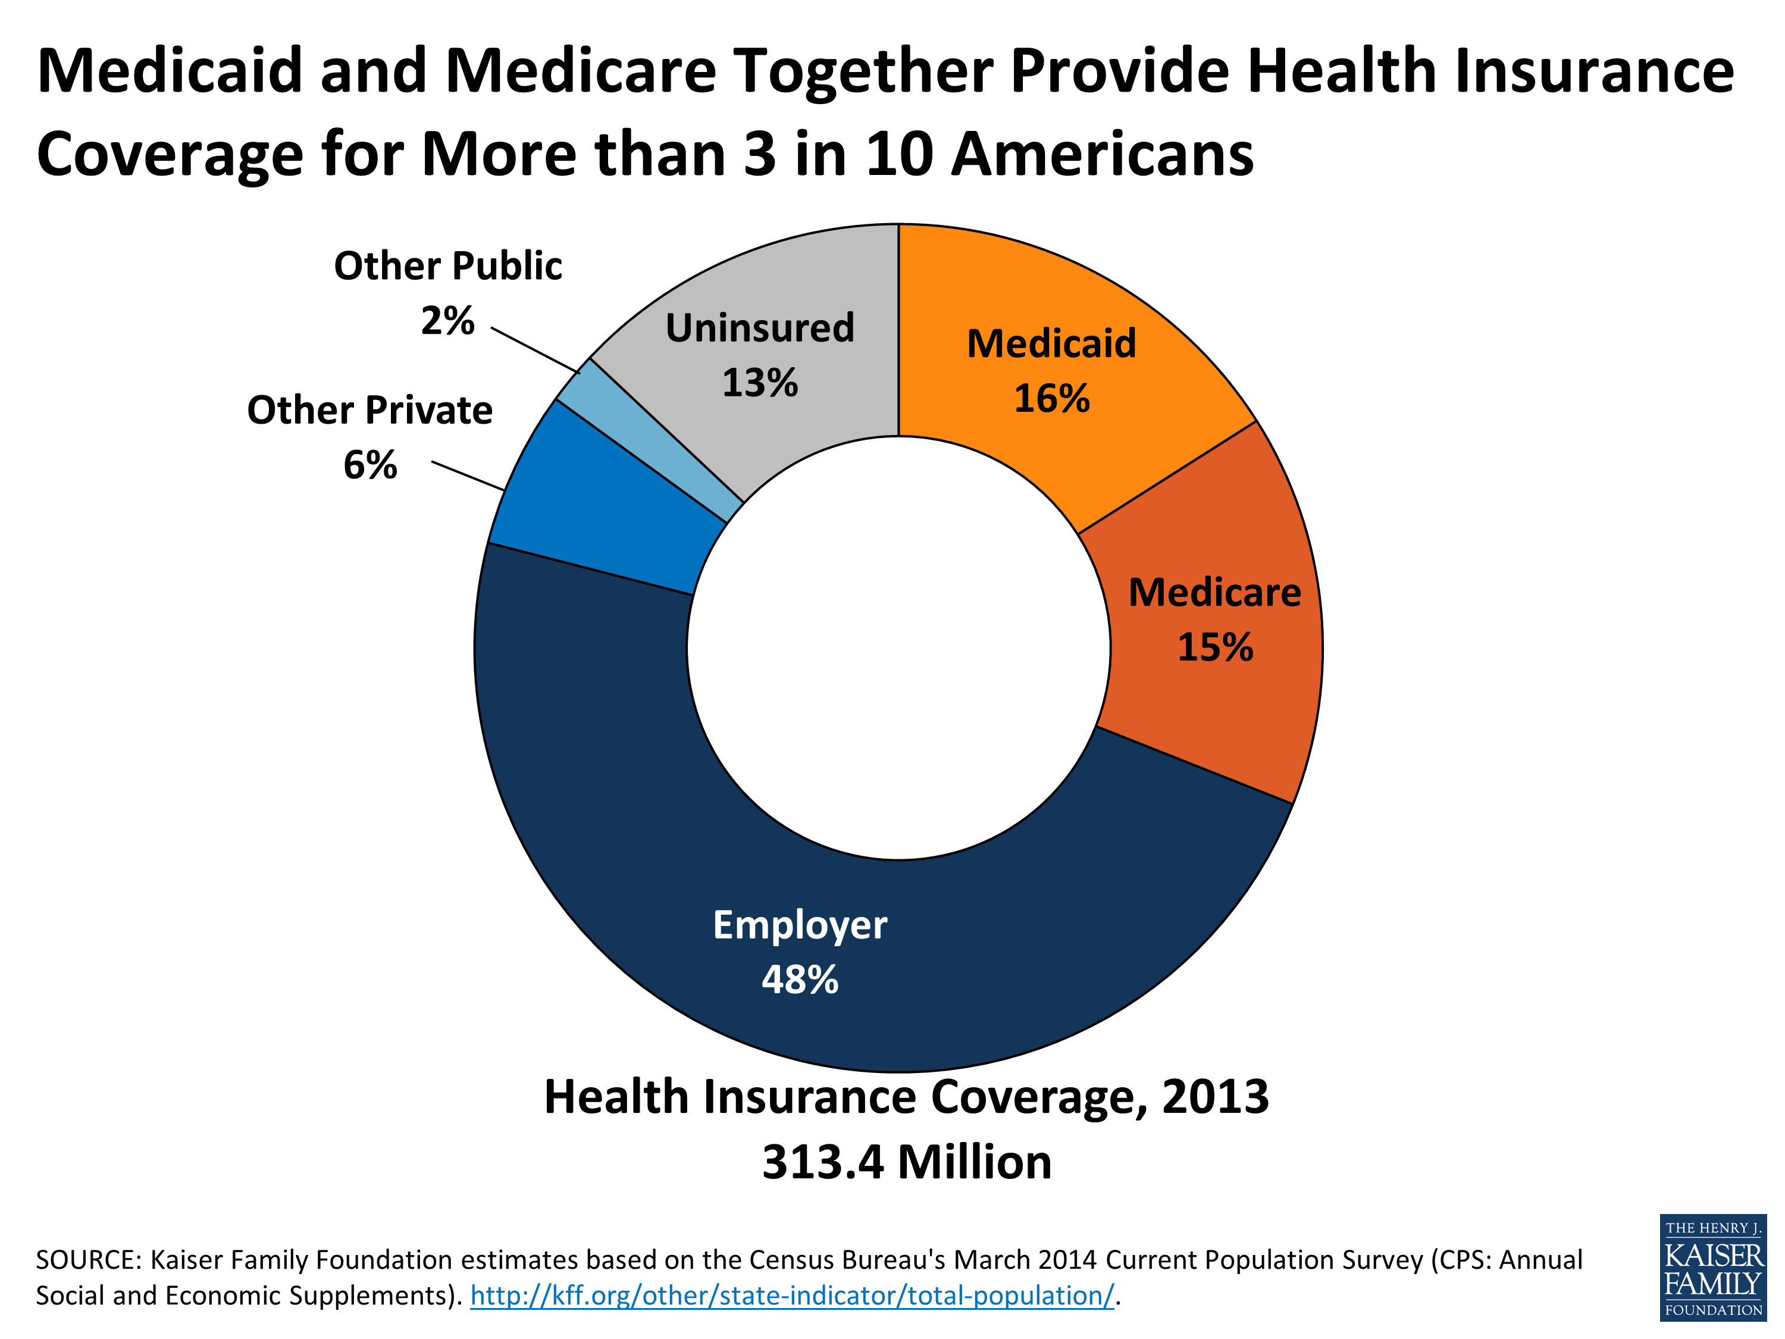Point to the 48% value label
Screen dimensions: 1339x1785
(800, 979)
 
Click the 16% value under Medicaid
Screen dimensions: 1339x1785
(1051, 398)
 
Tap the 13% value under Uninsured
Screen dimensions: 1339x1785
(759, 382)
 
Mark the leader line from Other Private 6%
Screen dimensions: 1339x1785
(468, 475)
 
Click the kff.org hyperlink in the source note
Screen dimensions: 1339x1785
(791, 1296)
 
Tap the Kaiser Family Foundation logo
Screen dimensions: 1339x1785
(1712, 1267)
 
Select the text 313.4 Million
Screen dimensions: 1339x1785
(906, 1162)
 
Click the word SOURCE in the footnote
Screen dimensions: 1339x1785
(89, 1260)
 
